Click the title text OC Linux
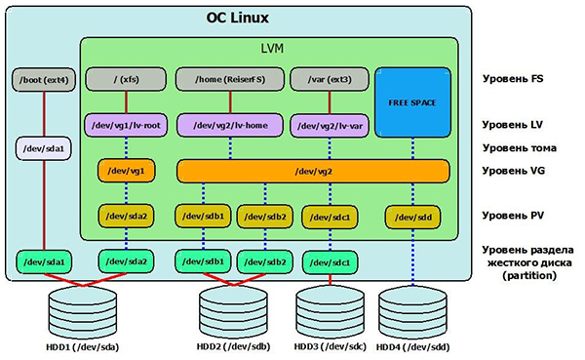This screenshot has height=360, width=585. pos(237,18)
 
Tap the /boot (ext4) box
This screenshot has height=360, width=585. pos(44,78)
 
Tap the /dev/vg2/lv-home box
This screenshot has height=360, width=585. pos(230,125)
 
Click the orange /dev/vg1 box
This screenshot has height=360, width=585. pos(126,171)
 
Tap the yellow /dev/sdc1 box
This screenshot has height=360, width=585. pos(330,216)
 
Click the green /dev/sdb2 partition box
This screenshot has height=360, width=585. pos(264,261)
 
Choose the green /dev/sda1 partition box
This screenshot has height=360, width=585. pos(44,261)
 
